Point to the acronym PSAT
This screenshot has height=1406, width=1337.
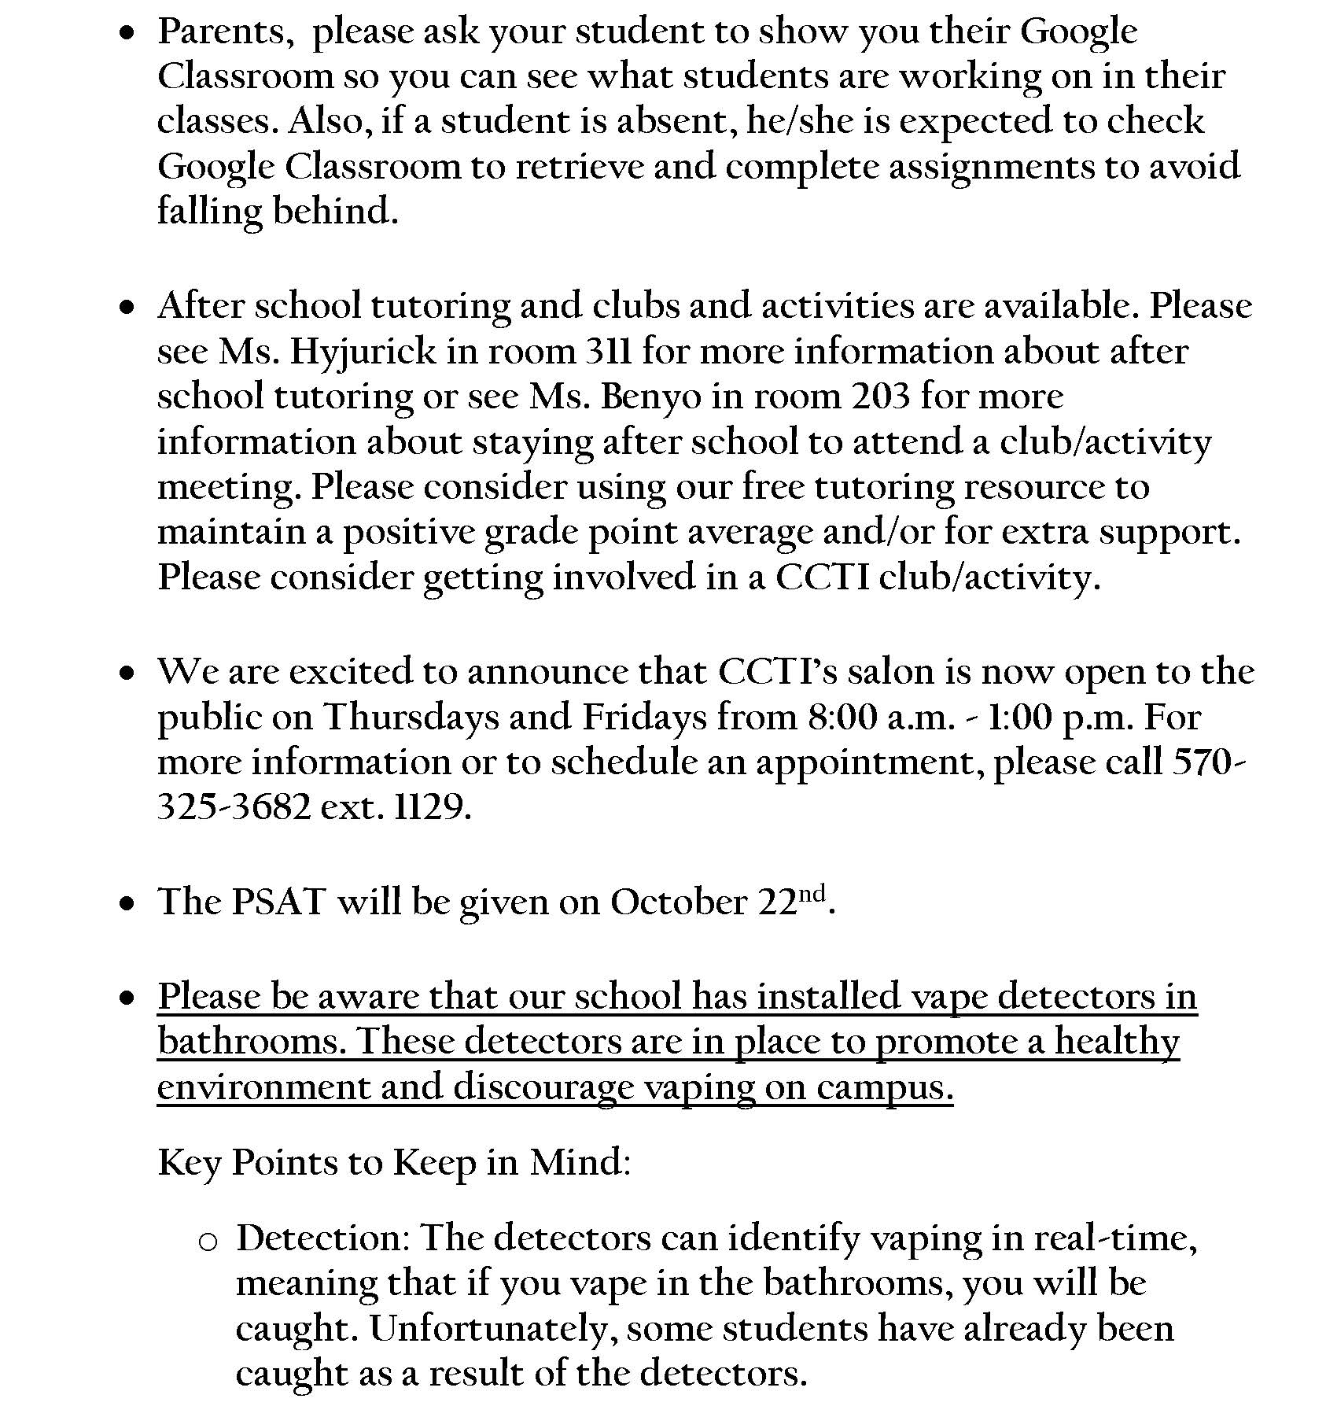coord(278,902)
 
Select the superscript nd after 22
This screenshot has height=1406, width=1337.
coord(813,894)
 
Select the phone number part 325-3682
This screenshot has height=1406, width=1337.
coord(234,808)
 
